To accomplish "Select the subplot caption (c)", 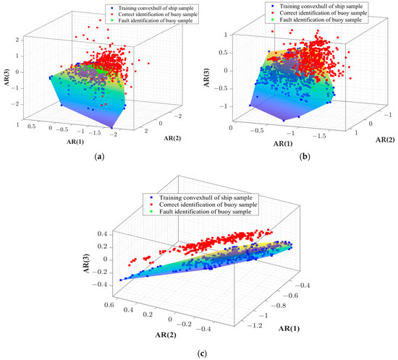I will point(199,353).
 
